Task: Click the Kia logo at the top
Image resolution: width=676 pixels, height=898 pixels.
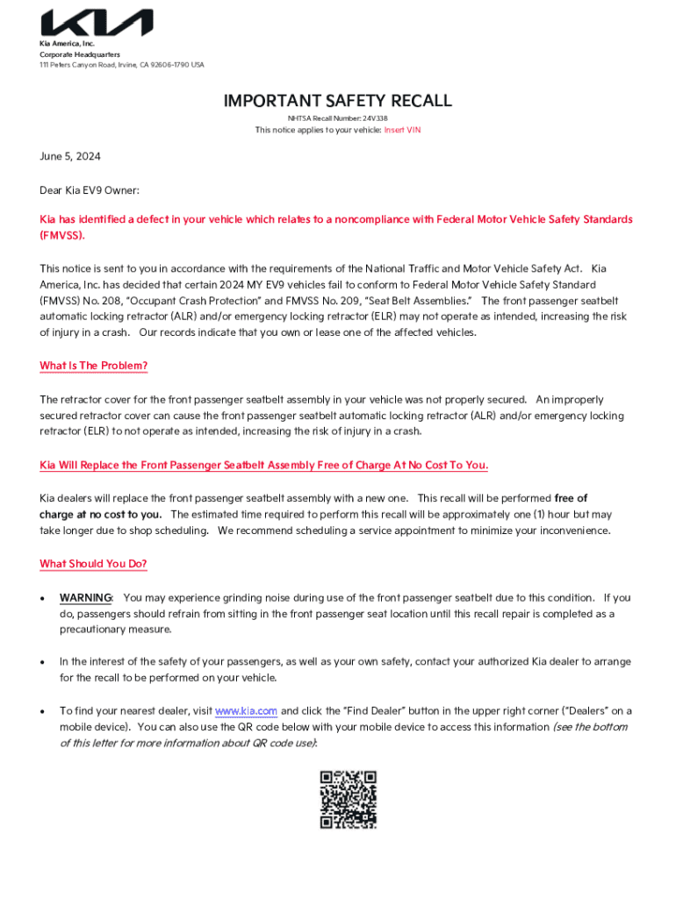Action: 97,24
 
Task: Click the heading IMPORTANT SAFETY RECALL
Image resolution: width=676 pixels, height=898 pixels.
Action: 338,101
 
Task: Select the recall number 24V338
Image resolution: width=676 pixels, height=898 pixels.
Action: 375,118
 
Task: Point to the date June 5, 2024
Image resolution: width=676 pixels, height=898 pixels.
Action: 70,157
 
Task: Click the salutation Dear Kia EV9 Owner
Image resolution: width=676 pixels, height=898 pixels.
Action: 90,189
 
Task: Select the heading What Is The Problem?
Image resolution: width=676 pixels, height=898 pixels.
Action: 94,366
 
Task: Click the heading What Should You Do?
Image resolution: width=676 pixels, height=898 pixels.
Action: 94,564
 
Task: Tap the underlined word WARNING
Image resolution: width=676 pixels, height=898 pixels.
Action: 85,597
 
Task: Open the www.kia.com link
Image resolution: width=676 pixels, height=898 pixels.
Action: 246,710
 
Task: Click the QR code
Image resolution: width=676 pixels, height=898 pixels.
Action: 348,799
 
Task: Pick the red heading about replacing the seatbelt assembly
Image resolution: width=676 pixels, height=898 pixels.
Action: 264,465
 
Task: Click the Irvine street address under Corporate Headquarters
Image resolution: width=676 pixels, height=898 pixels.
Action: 122,64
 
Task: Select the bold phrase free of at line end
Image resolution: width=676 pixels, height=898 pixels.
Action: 572,498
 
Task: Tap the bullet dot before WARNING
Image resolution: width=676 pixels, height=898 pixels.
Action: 43,598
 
